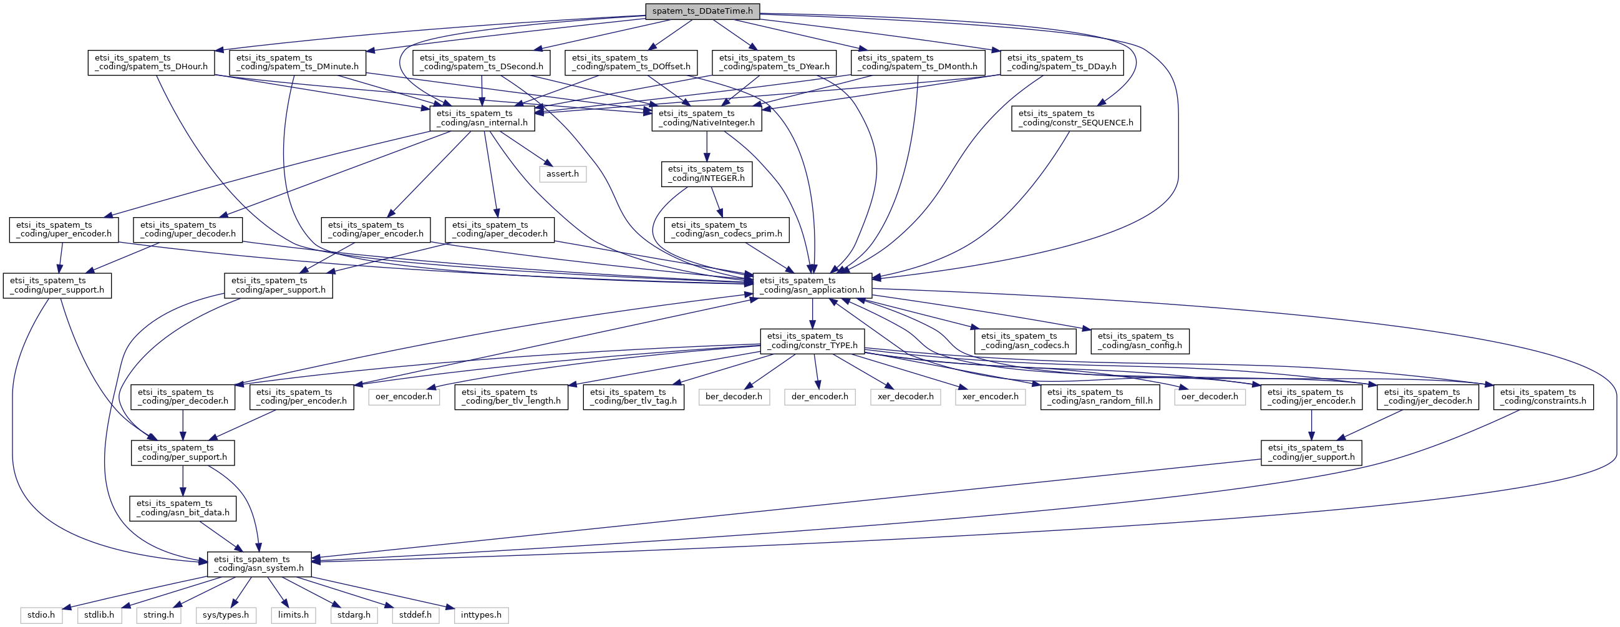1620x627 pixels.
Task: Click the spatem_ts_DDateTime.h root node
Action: tap(702, 11)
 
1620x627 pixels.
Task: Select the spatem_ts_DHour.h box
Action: tap(151, 62)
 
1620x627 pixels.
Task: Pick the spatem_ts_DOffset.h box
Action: tap(631, 62)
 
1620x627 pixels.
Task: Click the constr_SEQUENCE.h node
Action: tap(1075, 119)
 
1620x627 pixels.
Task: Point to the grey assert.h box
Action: tap(562, 173)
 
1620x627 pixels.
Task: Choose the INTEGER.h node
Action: tap(706, 173)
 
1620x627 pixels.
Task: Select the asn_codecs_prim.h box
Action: tap(726, 230)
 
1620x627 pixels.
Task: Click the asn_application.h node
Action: tap(812, 286)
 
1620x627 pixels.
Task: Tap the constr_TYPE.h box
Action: tap(812, 341)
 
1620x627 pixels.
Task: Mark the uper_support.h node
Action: tap(57, 286)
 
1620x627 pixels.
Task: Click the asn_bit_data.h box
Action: tap(183, 508)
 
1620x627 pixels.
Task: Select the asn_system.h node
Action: tap(259, 564)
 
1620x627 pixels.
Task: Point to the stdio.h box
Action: tap(42, 615)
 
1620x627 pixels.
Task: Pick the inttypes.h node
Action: tap(481, 615)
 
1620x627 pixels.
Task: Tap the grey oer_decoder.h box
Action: tap(1210, 397)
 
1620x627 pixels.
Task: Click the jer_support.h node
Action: tap(1311, 453)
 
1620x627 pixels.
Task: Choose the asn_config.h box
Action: tap(1140, 341)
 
